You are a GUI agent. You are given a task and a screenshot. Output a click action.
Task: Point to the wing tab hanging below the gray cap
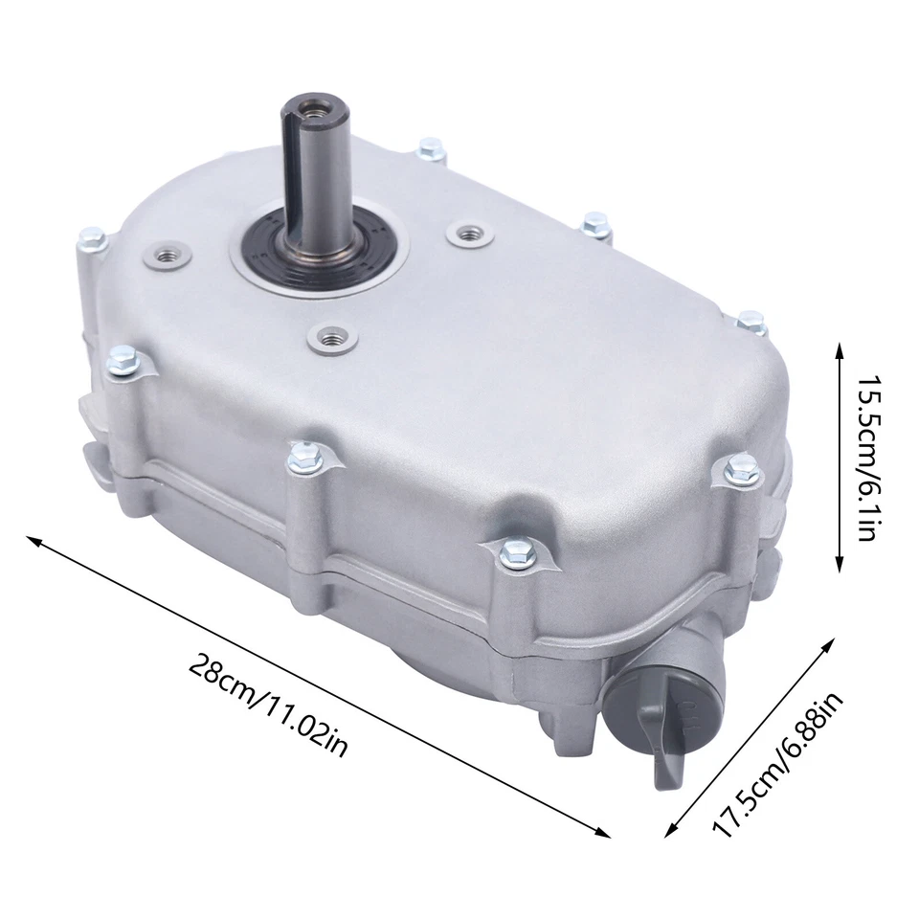[670, 766]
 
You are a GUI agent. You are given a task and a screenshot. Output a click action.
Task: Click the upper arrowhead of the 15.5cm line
[841, 345]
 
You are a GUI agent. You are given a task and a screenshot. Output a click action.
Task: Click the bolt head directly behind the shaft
[431, 148]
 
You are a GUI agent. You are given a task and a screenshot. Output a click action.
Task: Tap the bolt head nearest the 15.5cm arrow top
[752, 323]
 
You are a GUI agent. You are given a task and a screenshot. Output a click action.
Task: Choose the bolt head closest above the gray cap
[744, 468]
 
